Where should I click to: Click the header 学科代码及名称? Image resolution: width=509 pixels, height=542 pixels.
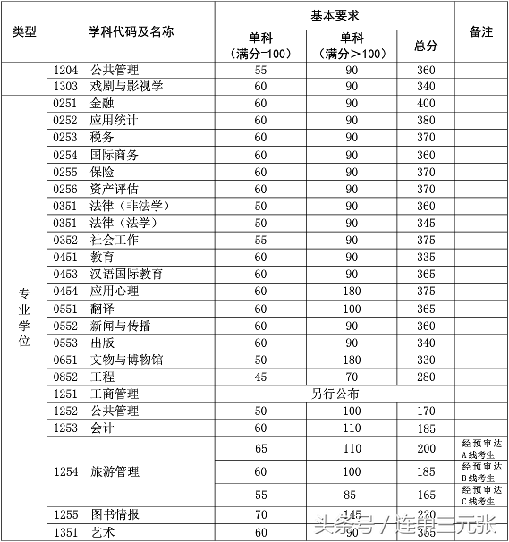[131, 31]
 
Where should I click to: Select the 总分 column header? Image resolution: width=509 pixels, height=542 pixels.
[426, 46]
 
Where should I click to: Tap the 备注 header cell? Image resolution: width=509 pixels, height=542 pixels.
[480, 31]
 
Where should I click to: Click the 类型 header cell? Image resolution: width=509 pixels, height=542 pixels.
[24, 31]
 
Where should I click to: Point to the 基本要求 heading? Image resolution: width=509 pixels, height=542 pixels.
[335, 15]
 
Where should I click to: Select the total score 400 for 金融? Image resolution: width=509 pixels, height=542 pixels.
[426, 104]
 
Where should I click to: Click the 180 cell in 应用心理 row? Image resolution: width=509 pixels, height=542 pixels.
[351, 291]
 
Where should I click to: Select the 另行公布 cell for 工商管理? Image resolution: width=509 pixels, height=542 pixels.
[335, 394]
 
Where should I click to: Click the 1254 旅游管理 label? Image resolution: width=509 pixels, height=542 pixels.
[96, 471]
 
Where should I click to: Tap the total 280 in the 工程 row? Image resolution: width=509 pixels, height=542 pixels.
[426, 377]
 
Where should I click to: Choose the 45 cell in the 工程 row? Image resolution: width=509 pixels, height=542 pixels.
[260, 377]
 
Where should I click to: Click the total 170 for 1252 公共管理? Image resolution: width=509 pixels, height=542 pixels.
[426, 411]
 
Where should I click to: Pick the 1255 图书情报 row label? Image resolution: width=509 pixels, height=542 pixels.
[96, 514]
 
